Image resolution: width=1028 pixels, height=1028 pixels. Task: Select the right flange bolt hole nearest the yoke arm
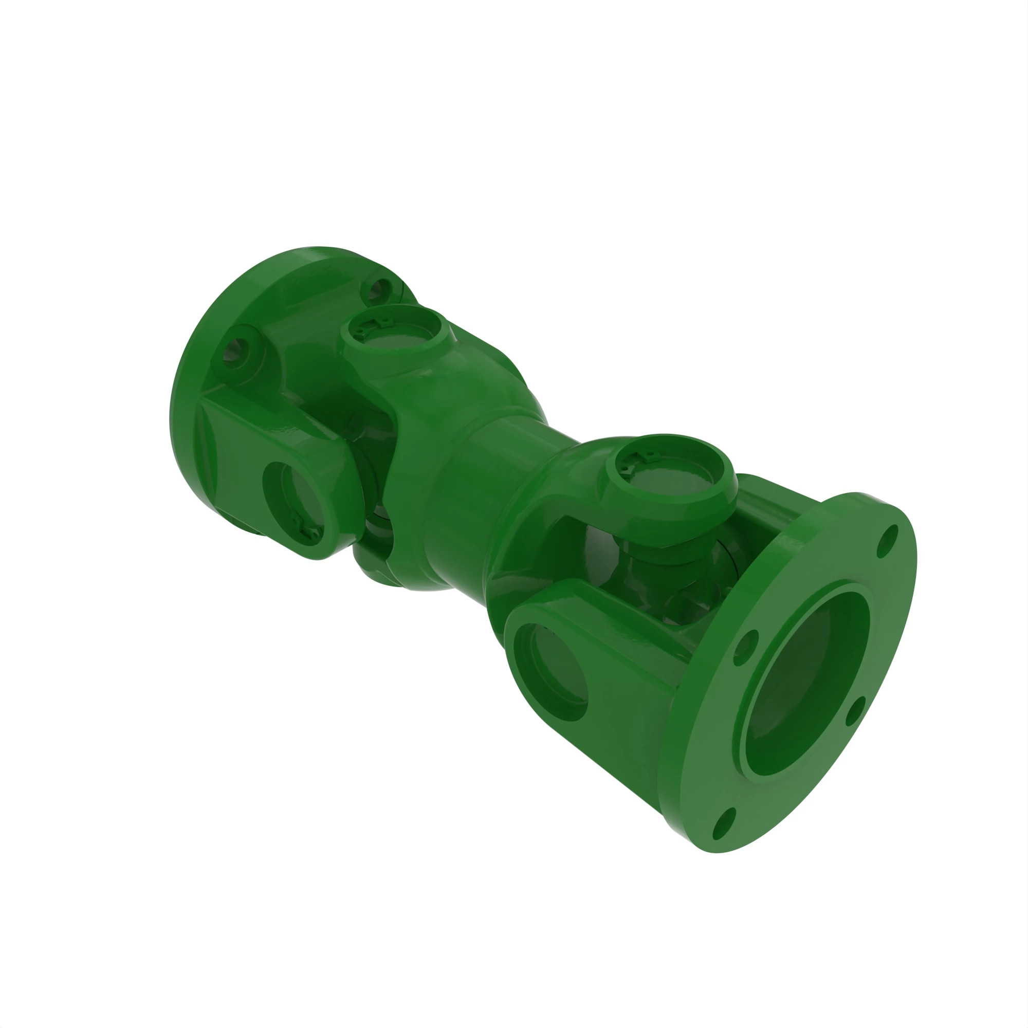coord(745,648)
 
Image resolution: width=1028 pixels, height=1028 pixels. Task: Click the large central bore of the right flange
coord(803,686)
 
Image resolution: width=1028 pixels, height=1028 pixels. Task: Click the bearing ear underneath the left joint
coord(375,554)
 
